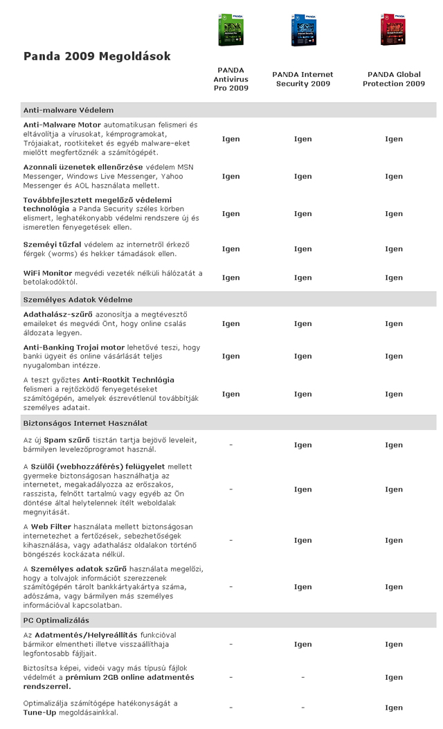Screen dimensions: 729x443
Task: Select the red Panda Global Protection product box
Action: pyautogui.click(x=392, y=30)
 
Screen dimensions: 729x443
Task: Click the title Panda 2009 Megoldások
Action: pyautogui.click(x=97, y=56)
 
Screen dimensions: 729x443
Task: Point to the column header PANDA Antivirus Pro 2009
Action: pyautogui.click(x=230, y=79)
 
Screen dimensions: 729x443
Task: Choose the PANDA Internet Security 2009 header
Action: pyautogui.click(x=302, y=79)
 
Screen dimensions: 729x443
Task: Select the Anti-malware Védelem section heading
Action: pyautogui.click(x=69, y=110)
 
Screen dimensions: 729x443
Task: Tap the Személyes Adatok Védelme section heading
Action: pyautogui.click(x=78, y=300)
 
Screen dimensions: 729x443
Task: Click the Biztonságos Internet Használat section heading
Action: pyautogui.click(x=85, y=423)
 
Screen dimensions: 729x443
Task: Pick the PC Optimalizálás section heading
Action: pyautogui.click(x=56, y=620)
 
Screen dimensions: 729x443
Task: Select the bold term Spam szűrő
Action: pyautogui.click(x=73, y=440)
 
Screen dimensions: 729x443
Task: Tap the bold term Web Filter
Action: pyautogui.click(x=55, y=527)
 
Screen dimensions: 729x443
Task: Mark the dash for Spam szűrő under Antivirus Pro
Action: pyautogui.click(x=230, y=445)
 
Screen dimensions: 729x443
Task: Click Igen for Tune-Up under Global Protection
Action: pyautogui.click(x=394, y=708)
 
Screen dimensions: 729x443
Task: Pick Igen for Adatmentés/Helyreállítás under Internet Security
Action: pyautogui.click(x=302, y=645)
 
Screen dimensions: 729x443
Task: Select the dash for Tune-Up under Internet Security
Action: pyautogui.click(x=302, y=708)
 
